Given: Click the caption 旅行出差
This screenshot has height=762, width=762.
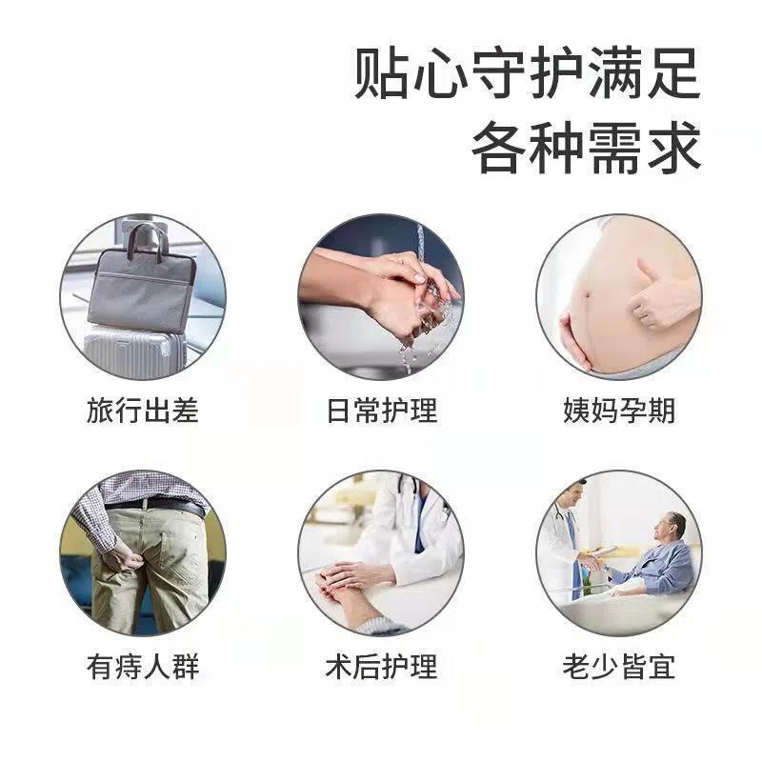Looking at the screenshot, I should click(x=142, y=411).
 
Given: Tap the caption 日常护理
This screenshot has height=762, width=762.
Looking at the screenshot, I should click(x=381, y=411).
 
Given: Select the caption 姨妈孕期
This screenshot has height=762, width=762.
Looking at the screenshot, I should click(x=619, y=411).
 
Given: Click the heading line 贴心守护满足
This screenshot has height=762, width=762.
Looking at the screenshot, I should click(x=527, y=73).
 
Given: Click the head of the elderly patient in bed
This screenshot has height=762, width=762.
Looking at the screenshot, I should click(x=675, y=525).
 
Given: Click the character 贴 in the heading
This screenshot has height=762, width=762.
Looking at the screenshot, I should click(x=380, y=73).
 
